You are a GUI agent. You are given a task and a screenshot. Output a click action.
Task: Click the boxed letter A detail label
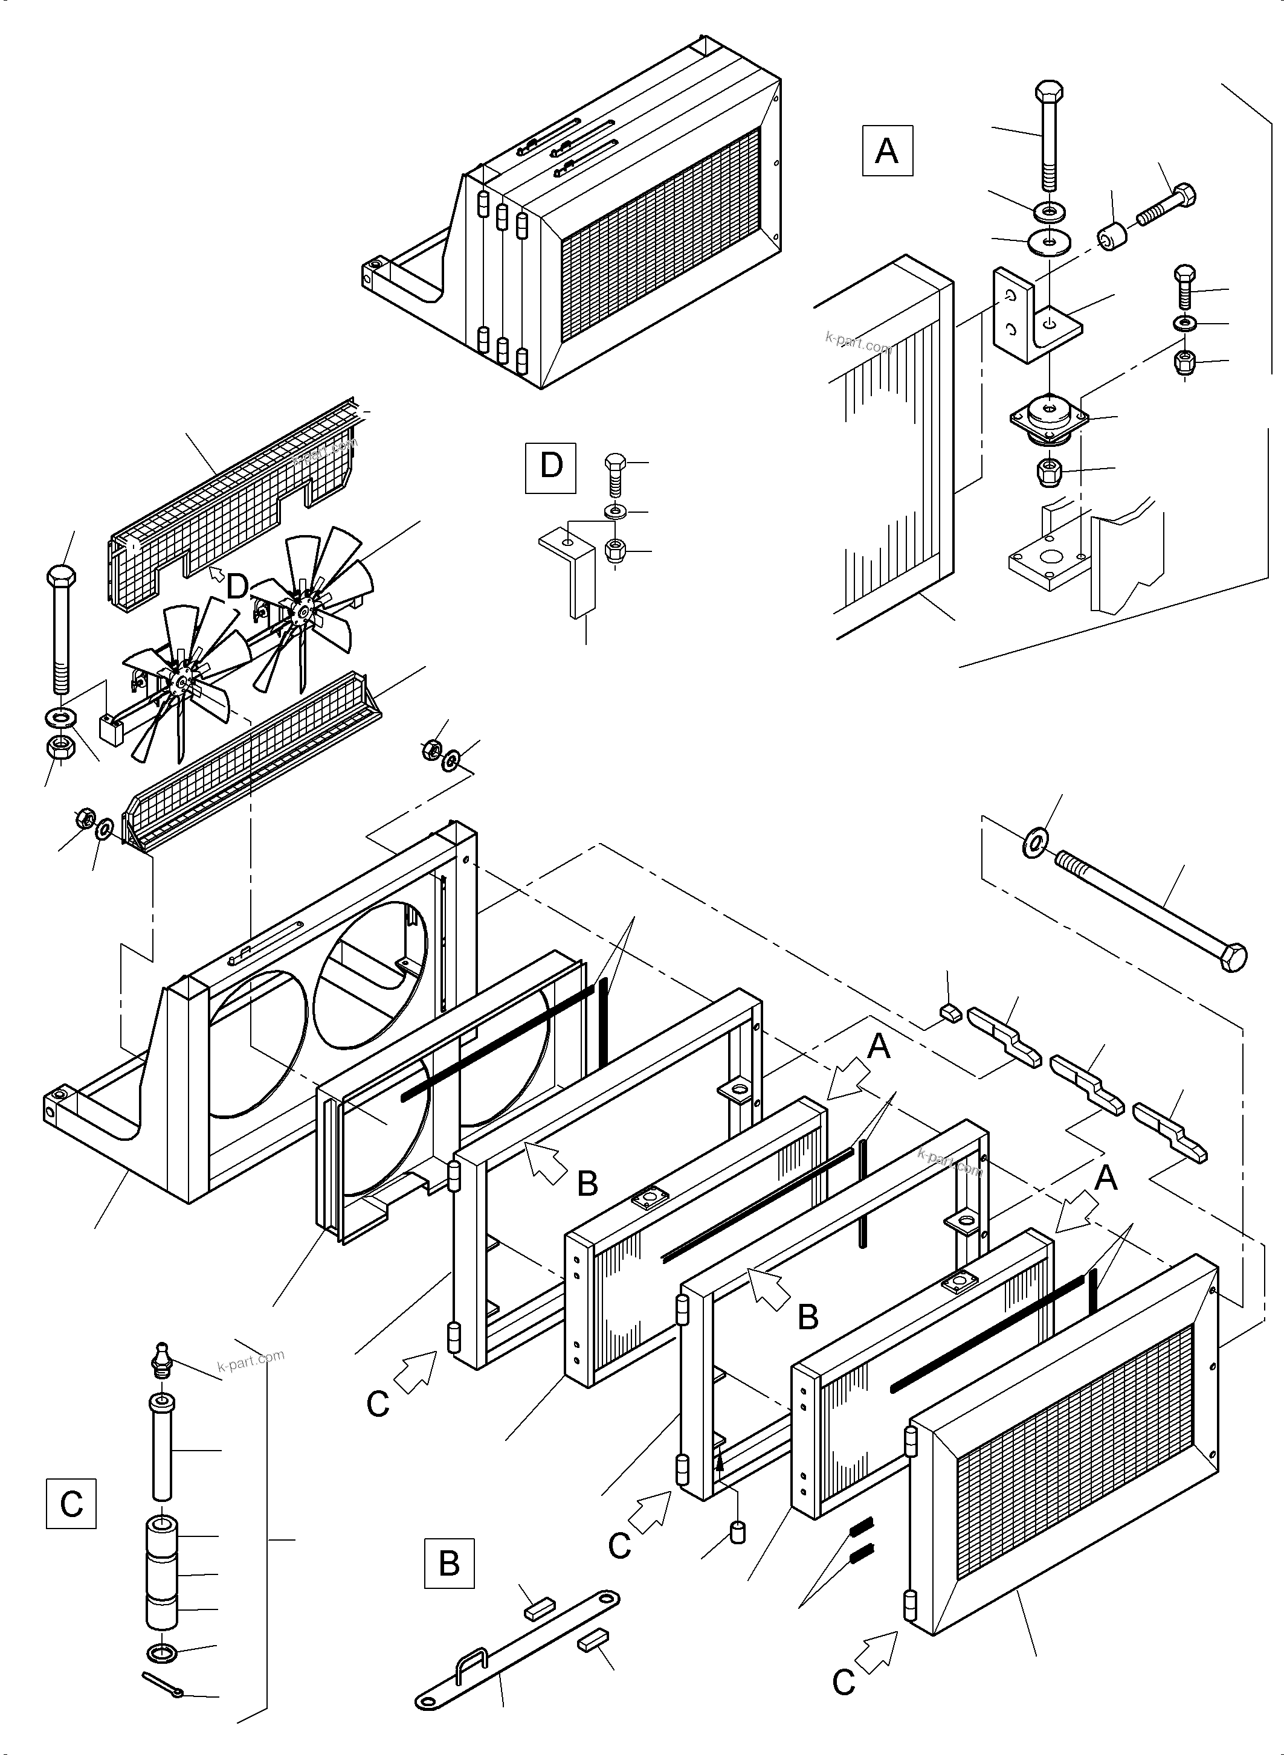point(887,151)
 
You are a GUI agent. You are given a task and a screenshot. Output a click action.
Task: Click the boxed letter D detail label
point(550,467)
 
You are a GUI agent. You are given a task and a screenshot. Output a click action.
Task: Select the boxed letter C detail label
point(71,1504)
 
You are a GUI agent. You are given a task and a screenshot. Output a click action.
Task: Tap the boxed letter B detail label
point(448,1562)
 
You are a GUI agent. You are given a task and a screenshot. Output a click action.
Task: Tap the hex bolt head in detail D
point(614,462)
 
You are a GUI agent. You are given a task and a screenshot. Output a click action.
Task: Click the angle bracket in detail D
point(571,567)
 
